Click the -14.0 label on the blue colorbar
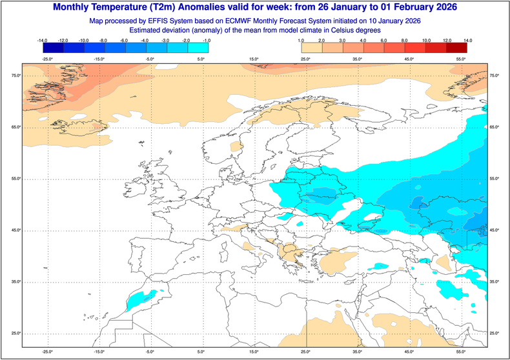click(x=43, y=41)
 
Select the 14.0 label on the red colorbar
click(x=467, y=41)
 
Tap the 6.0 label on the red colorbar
click(x=384, y=41)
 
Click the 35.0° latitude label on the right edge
click(x=495, y=282)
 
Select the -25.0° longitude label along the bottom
click(x=46, y=352)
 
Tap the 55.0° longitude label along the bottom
click(x=461, y=352)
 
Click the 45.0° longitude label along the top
click(x=409, y=59)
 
